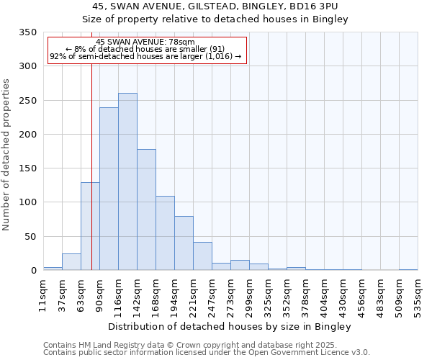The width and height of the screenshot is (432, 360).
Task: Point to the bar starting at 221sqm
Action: coord(202,256)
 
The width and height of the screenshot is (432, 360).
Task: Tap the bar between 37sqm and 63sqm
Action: coord(71,262)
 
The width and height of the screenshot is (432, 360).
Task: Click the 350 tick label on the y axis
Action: coord(27,32)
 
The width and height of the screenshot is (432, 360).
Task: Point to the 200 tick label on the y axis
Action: coord(27,135)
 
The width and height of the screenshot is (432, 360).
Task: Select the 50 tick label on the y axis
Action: coord(30,237)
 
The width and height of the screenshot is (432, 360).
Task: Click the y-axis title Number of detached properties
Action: coord(6,154)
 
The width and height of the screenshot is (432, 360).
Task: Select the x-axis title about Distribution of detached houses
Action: coord(230,326)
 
